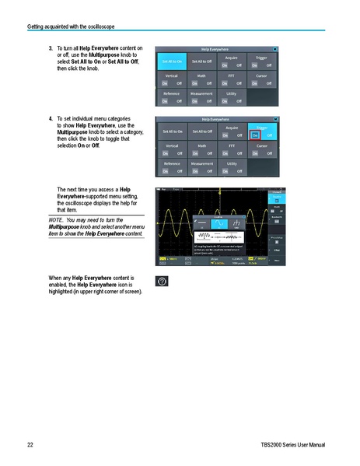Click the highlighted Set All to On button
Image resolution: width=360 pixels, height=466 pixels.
[x=171, y=61]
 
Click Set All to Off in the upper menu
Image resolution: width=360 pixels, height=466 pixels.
[x=201, y=61]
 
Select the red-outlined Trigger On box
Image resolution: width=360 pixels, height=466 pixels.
[x=253, y=135]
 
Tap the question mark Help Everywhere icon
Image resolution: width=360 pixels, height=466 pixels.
[x=161, y=280]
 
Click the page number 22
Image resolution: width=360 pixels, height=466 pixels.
[x=30, y=444]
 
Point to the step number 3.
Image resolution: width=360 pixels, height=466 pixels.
[x=51, y=48]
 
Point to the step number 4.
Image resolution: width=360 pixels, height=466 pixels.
[x=51, y=118]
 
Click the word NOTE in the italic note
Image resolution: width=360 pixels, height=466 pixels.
[x=56, y=221]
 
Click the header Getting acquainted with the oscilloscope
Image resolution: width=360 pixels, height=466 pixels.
[x=71, y=26]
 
